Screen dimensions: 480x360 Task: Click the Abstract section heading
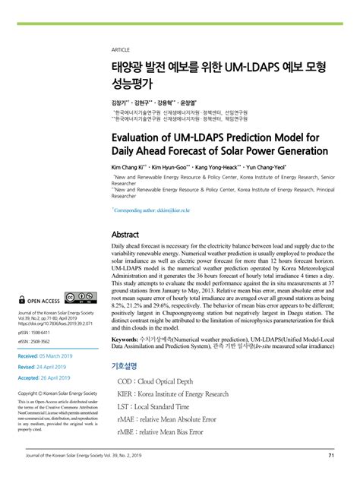point(125,234)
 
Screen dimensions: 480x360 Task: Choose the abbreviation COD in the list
point(125,381)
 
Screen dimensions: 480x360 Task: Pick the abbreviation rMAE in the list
point(127,419)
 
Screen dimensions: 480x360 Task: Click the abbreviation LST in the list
point(124,406)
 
